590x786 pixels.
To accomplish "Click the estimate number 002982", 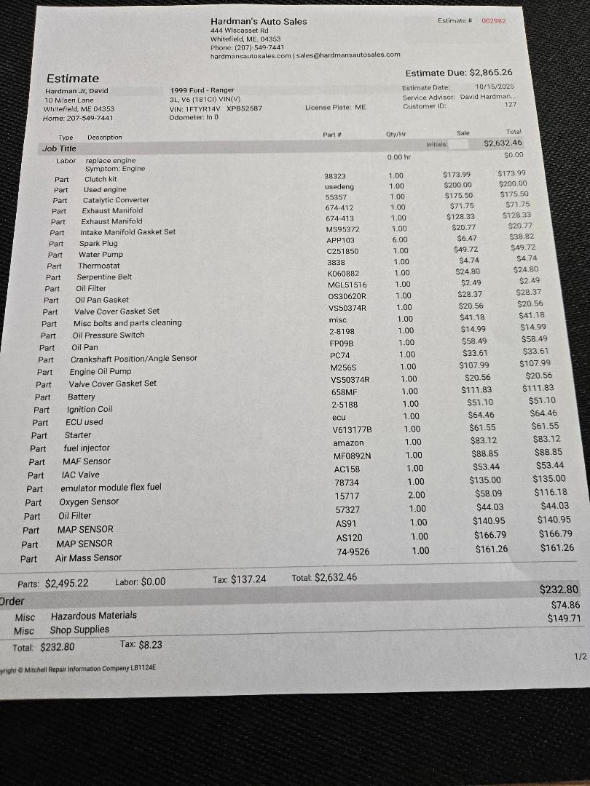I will tap(493, 20).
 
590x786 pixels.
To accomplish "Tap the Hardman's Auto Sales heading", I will tap(259, 21).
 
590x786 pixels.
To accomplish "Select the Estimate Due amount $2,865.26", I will tap(491, 72).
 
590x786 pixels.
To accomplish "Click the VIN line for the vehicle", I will tap(216, 108).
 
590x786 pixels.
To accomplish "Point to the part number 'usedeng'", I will tap(339, 187).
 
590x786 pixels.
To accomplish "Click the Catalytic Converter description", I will tap(116, 200).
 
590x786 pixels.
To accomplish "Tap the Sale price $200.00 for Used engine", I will tap(457, 185).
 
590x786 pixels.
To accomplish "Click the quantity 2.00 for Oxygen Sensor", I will tap(416, 495).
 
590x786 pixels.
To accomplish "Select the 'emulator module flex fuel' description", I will tap(111, 488).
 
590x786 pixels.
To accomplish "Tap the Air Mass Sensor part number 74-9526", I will tap(352, 552).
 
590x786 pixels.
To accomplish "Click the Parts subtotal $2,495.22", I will tap(66, 583).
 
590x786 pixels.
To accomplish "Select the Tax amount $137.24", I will tap(248, 579).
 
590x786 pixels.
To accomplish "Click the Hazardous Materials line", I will tap(93, 616).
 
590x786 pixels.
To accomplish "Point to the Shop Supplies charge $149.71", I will tap(565, 619).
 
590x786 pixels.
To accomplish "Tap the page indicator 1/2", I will tap(580, 656).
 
